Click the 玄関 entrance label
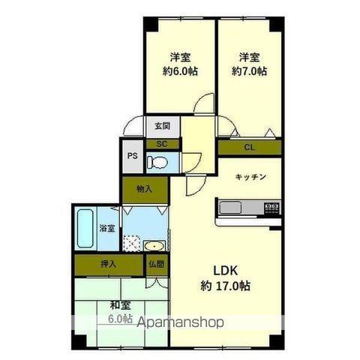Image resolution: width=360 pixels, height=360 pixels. (162, 126)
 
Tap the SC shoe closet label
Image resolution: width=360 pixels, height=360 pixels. (162, 144)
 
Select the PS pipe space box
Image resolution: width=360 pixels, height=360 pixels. (133, 156)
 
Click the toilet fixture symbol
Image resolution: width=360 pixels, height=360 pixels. (157, 162)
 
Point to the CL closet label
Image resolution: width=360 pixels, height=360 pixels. (249, 148)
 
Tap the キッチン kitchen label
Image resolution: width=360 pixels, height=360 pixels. (250, 177)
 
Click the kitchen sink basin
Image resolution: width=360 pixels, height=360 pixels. (230, 208)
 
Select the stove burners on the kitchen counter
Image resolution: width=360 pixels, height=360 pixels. (271, 207)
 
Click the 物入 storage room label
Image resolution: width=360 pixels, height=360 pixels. (145, 189)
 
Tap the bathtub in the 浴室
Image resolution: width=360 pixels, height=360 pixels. (85, 229)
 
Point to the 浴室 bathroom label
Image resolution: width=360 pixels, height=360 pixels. (107, 228)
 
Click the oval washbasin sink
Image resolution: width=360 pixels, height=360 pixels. (154, 246)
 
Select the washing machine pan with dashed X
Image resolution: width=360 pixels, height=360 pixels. (132, 242)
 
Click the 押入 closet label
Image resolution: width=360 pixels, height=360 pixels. (109, 264)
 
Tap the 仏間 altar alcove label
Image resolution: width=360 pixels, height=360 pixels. (157, 264)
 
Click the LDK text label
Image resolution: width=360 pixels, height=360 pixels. (225, 271)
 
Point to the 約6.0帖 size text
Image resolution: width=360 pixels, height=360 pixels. (180, 71)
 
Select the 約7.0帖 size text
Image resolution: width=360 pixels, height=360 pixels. (249, 71)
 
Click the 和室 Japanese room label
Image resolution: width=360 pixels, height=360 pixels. (121, 305)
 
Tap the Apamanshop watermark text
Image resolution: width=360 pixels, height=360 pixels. (180, 322)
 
